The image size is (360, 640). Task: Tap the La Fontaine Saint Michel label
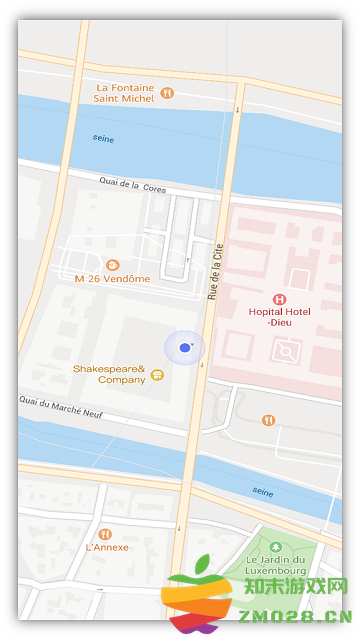(x=124, y=93)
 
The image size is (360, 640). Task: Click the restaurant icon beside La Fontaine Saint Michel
(x=167, y=92)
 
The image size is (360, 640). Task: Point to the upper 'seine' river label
(x=103, y=137)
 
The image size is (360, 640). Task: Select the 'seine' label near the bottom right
(x=263, y=491)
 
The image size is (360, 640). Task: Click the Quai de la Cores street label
(x=132, y=185)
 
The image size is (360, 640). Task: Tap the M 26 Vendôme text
(x=112, y=278)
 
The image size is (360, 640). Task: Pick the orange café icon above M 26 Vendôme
(x=112, y=264)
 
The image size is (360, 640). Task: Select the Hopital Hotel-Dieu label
(x=280, y=317)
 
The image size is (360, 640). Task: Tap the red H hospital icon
(x=279, y=299)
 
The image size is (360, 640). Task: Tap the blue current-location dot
(x=184, y=347)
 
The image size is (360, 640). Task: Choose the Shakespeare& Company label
(x=108, y=374)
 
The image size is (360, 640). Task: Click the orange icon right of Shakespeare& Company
(x=157, y=374)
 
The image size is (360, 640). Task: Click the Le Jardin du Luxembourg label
(x=277, y=566)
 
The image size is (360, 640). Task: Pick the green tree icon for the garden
(x=276, y=547)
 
